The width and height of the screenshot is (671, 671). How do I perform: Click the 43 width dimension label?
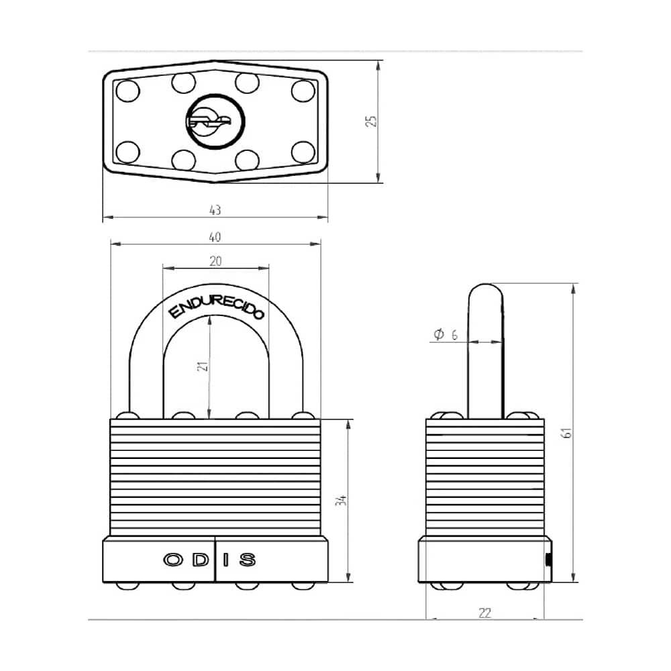tap(215, 211)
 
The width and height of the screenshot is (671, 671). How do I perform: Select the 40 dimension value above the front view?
tap(215, 237)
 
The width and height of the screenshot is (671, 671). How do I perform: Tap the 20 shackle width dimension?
tap(215, 261)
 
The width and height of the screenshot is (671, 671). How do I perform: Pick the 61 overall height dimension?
tap(567, 433)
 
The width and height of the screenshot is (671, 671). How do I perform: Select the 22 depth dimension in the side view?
tap(485, 612)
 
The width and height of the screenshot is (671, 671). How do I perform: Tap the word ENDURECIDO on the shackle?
tap(215, 303)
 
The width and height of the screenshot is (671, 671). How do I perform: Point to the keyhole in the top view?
tap(215, 121)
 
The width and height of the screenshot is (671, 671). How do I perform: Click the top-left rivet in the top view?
tap(126, 91)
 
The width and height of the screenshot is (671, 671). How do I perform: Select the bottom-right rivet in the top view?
tap(303, 152)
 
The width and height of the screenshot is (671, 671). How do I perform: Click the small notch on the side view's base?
tap(548, 560)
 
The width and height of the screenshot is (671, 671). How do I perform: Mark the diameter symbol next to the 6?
tap(439, 334)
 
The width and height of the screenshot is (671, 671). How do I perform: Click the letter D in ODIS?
tap(199, 560)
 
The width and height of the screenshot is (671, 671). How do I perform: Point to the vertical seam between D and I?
tap(215, 558)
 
